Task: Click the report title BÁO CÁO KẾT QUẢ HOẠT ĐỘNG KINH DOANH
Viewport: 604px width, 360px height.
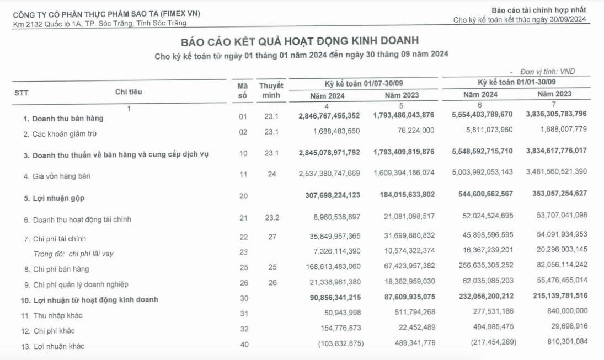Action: pos(300,41)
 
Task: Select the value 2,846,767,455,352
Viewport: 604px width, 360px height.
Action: pos(329,116)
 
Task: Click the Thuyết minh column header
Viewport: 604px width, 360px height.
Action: pos(271,90)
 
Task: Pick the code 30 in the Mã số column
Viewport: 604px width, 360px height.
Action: pos(243,299)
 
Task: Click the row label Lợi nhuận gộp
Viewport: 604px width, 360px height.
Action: pos(54,197)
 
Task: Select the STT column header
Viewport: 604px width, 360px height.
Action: pos(22,93)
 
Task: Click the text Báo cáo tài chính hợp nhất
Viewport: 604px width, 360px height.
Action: pos(539,10)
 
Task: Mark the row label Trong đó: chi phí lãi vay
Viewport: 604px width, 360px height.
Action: pos(73,254)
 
